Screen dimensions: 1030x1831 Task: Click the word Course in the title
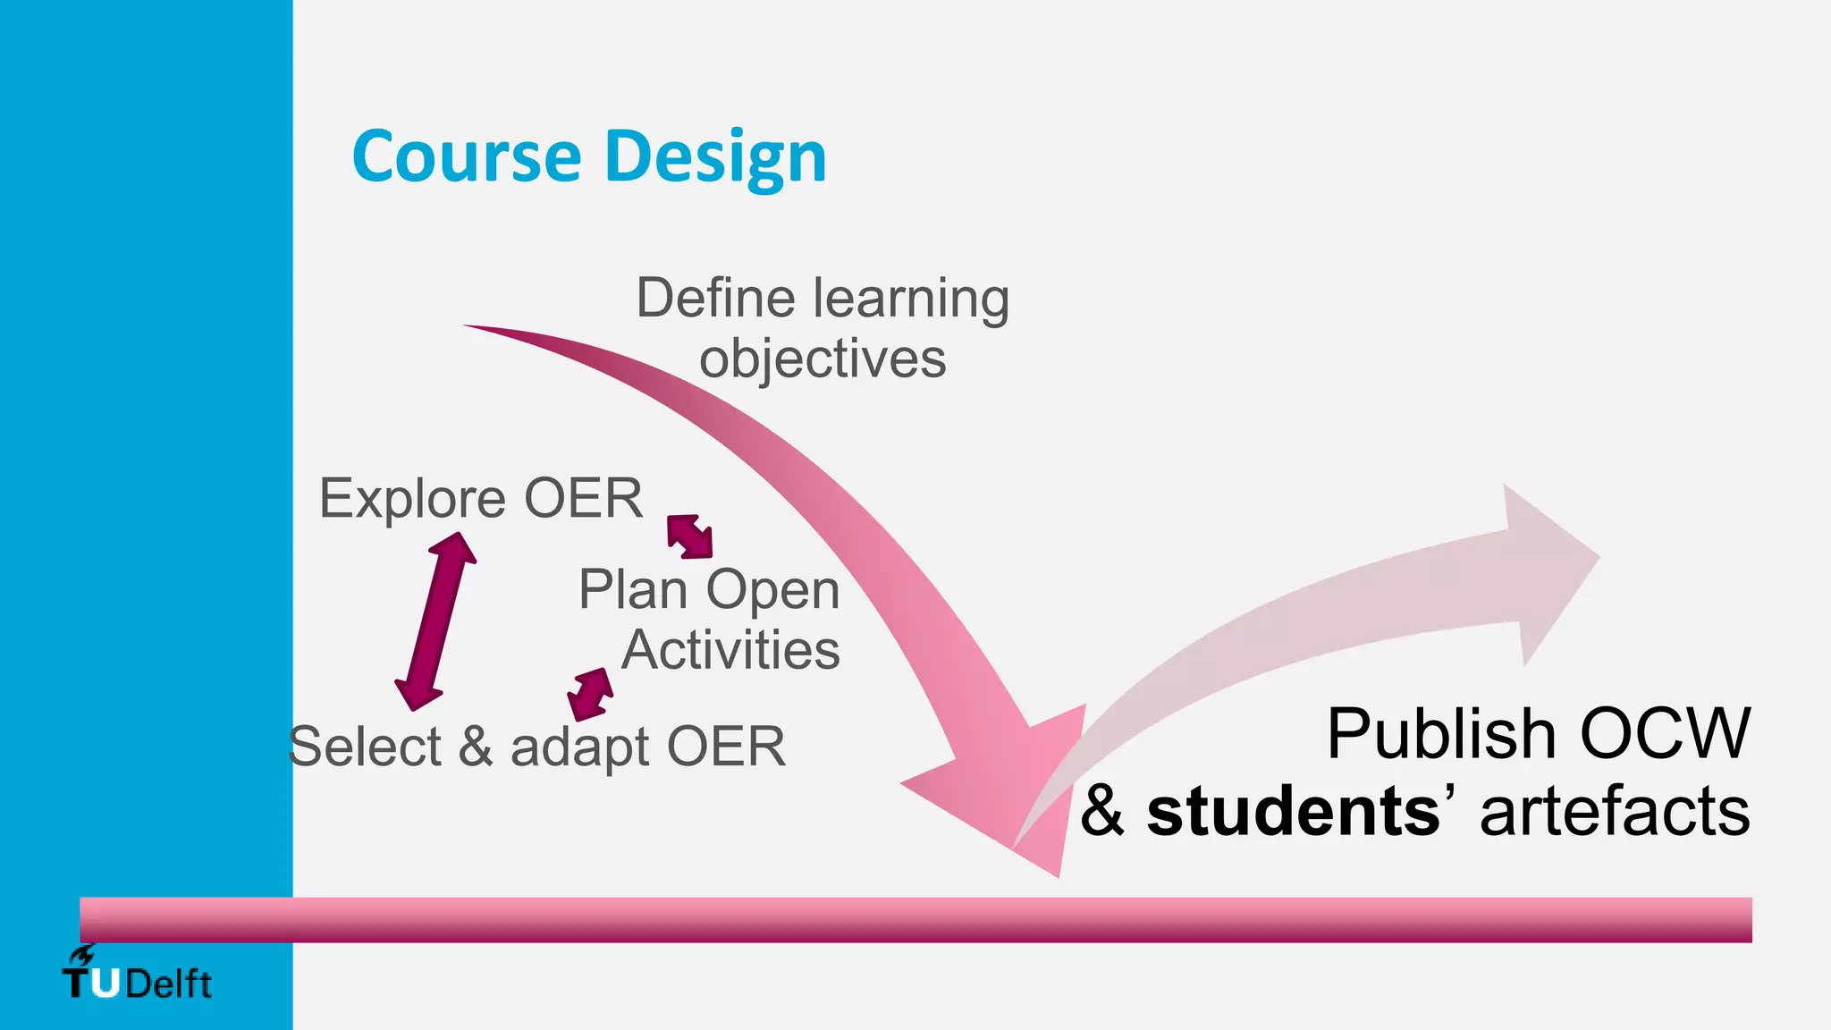coord(466,156)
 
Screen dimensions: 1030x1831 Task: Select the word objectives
coord(823,359)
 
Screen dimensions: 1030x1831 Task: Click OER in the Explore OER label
coord(583,498)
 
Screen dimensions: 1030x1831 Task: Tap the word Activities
coord(730,650)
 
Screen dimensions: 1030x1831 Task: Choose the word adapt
coord(580,747)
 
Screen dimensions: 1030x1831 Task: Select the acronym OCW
coord(1665,734)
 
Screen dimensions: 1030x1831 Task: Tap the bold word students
coord(1293,812)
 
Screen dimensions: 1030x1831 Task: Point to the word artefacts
coord(1615,812)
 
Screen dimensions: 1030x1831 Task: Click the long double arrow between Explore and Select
coord(435,621)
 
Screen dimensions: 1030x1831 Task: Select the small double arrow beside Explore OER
coord(689,536)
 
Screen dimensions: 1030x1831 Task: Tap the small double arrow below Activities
coord(591,694)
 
